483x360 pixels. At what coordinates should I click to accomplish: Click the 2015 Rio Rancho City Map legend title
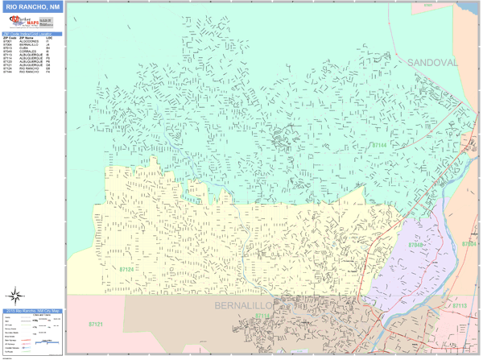31,310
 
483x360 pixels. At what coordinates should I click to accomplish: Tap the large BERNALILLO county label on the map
245,307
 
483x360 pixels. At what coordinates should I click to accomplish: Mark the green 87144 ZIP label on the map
379,145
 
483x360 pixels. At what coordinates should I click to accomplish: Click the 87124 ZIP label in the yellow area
127,269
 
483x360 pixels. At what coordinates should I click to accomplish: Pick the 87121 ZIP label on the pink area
95,324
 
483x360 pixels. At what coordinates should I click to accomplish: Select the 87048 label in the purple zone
415,244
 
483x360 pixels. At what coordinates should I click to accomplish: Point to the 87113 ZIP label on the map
460,306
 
